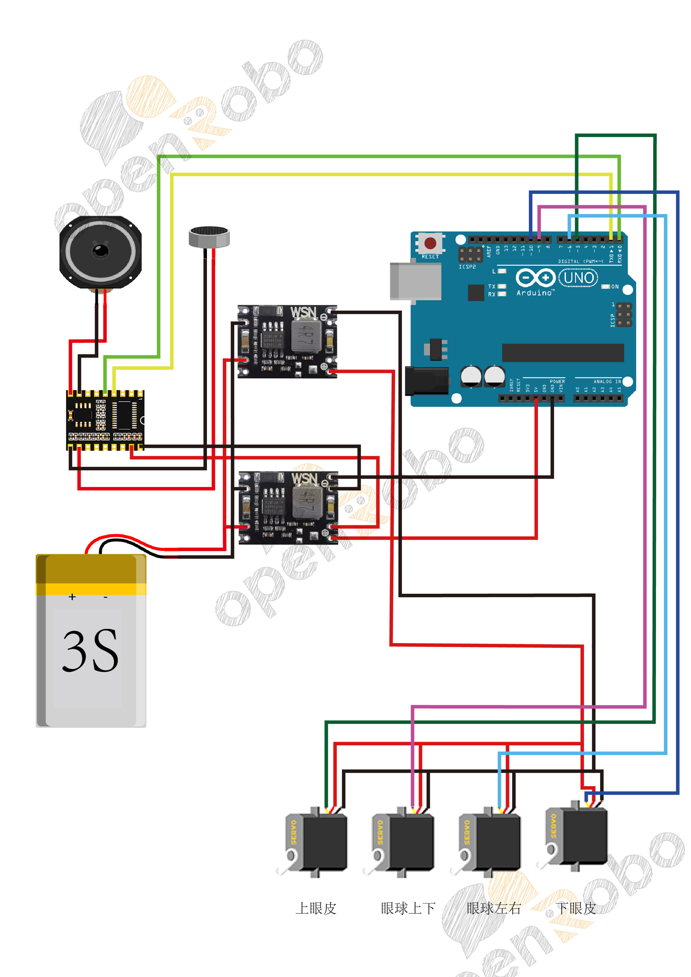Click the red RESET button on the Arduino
tap(430, 243)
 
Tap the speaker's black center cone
tap(100, 251)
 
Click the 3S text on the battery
tap(90, 651)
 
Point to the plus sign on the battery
tap(72, 597)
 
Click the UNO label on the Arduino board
tap(578, 278)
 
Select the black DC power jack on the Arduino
tap(426, 380)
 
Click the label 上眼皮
tap(316, 909)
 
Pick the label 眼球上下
tap(408, 909)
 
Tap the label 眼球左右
tap(493, 909)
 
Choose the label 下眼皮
tap(576, 909)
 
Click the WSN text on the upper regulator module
tap(303, 313)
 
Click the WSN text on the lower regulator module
tap(304, 479)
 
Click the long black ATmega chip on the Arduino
tap(563, 353)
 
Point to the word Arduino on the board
tap(534, 293)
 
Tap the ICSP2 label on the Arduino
tap(467, 267)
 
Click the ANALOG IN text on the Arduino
tap(607, 382)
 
